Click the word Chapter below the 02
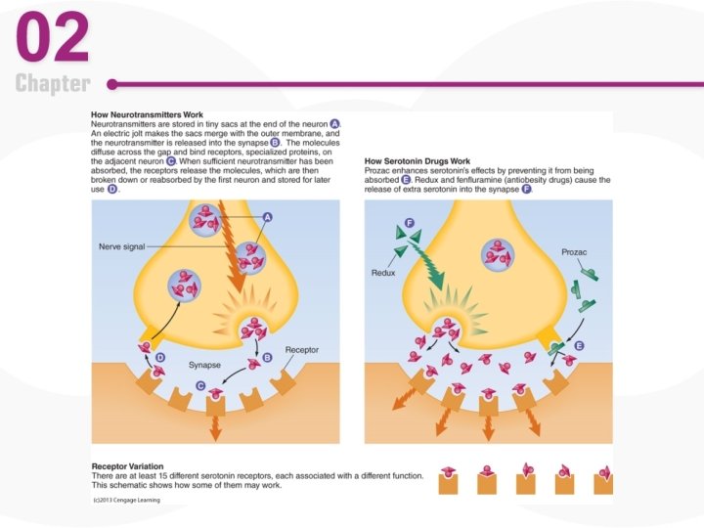pos(53,84)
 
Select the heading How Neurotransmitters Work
pos(148,115)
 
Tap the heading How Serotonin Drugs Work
pos(418,160)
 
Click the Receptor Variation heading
pos(127,466)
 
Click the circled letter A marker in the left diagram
pos(267,216)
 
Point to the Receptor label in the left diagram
pos(301,349)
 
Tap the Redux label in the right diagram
pos(383,273)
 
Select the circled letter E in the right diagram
pos(580,346)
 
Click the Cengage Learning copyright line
pos(126,500)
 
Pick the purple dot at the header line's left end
pos(112,84)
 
